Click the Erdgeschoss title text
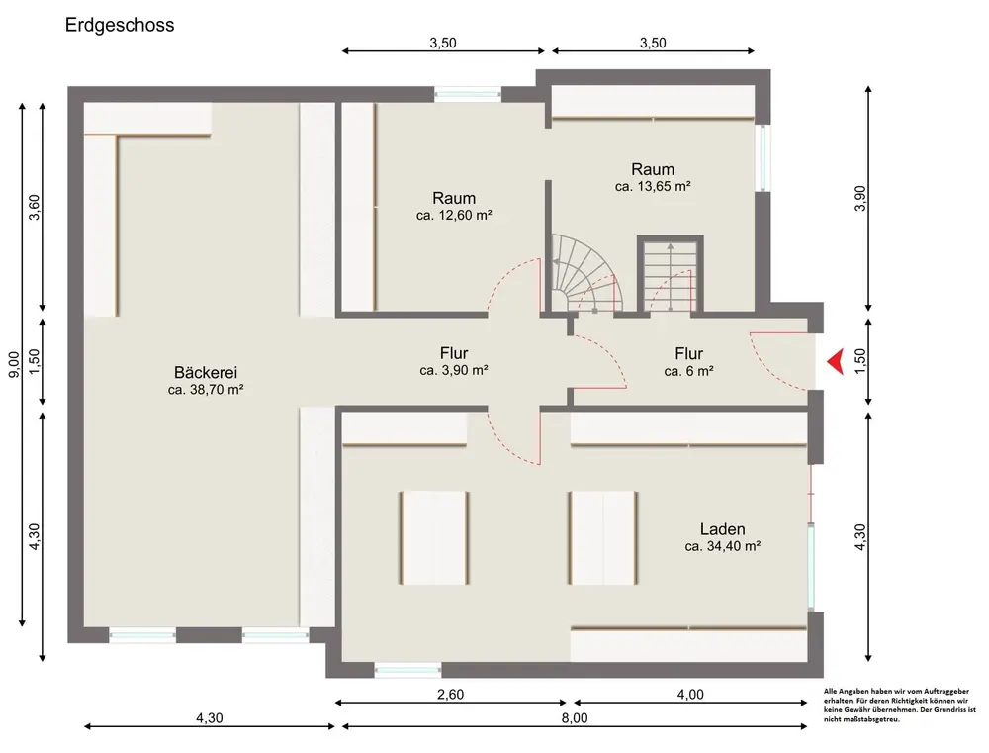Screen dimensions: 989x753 [x=120, y=26]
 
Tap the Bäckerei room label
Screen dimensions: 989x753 [x=206, y=372]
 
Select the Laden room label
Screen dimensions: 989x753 [x=722, y=529]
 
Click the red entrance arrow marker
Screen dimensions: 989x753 [x=836, y=362]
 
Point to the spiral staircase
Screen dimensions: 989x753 [x=584, y=273]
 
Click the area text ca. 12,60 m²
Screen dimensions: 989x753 [x=454, y=216]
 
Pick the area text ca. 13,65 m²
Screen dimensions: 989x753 [x=653, y=187]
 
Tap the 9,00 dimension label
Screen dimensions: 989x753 [x=14, y=364]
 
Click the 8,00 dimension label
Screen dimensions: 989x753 [x=574, y=718]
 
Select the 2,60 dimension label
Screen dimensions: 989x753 [x=450, y=695]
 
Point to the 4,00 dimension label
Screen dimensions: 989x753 [x=690, y=695]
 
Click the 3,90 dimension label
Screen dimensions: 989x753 [x=860, y=198]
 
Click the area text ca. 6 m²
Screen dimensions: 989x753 [x=688, y=372]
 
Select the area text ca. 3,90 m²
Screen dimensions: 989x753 [x=454, y=370]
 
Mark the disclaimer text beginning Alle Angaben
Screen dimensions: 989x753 [x=899, y=706]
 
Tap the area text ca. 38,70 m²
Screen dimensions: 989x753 [x=206, y=390]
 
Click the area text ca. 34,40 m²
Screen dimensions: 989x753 [x=723, y=546]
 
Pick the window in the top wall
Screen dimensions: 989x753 [x=468, y=95]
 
